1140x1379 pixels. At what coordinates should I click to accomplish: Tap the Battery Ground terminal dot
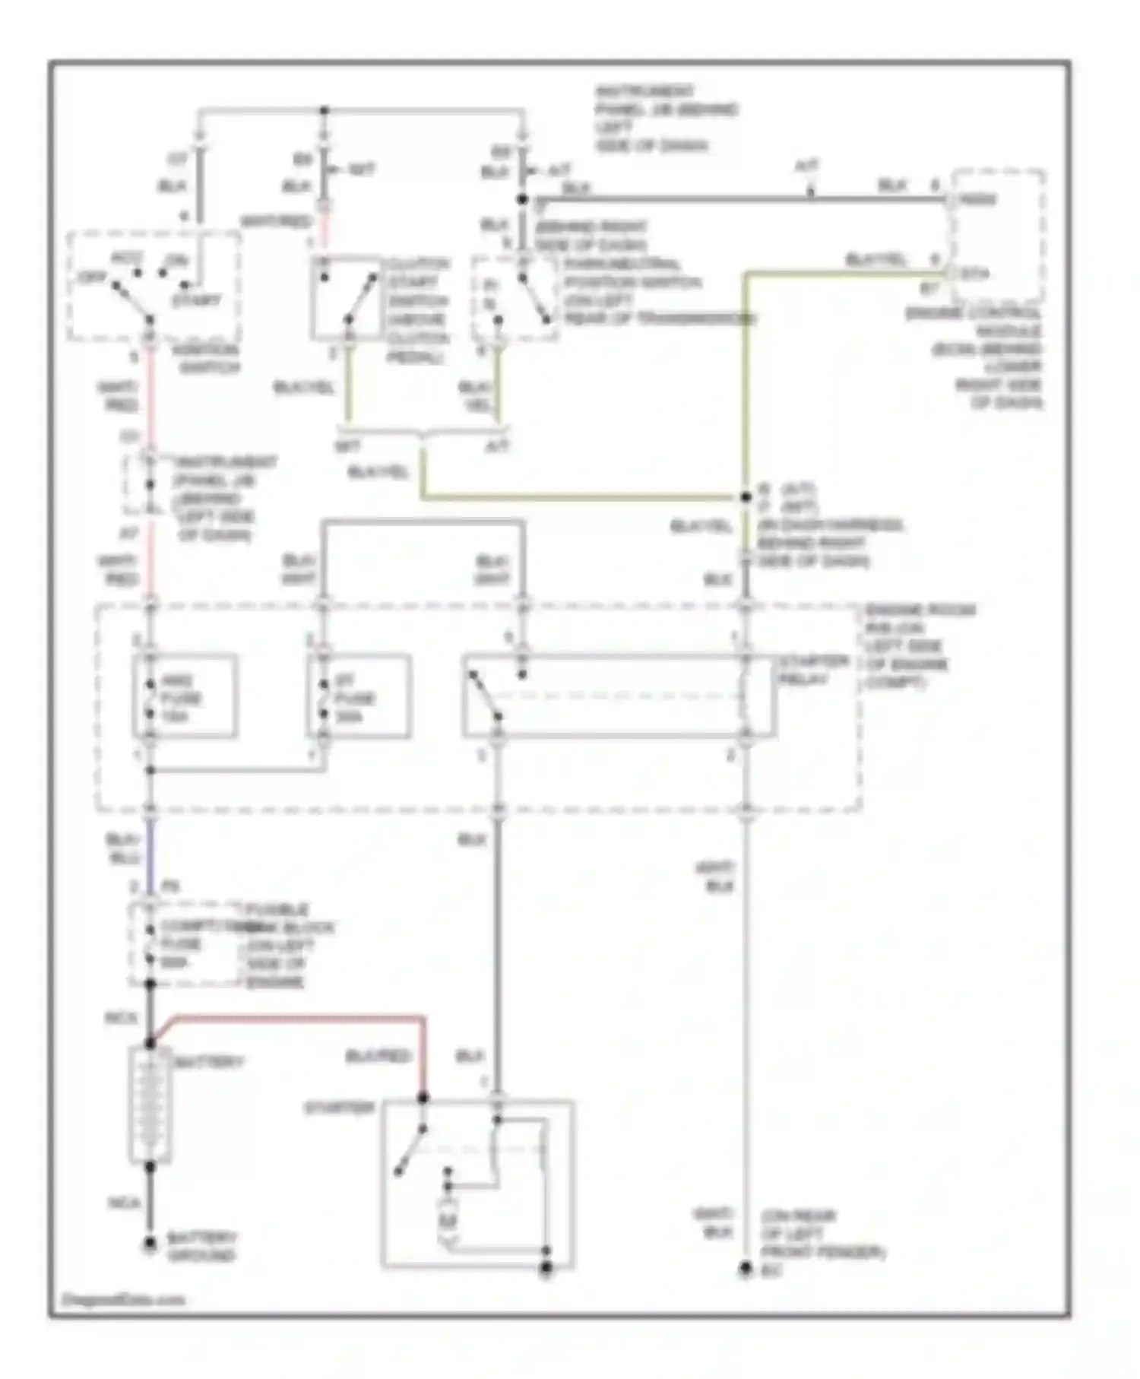(150, 1244)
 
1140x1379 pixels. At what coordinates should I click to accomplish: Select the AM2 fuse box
(185, 697)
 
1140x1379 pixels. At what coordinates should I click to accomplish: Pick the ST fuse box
(359, 697)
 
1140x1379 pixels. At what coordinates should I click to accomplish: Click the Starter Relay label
(812, 669)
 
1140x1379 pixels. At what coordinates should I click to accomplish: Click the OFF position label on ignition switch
(91, 277)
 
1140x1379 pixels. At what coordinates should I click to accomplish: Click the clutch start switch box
(346, 296)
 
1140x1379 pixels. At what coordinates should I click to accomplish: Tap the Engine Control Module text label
(988, 357)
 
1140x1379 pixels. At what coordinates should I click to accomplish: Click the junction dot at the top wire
(325, 111)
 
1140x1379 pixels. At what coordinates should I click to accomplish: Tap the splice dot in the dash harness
(746, 497)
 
